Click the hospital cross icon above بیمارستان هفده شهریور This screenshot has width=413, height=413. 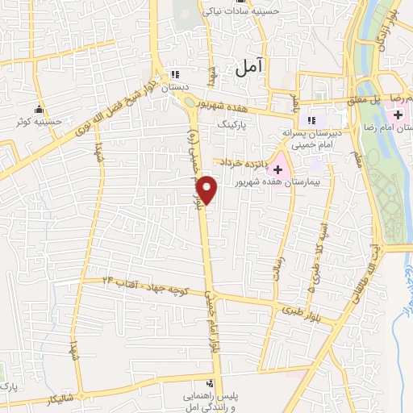(x=278, y=170)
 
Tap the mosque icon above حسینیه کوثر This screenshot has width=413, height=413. (x=38, y=110)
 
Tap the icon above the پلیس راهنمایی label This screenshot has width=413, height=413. (x=210, y=383)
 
